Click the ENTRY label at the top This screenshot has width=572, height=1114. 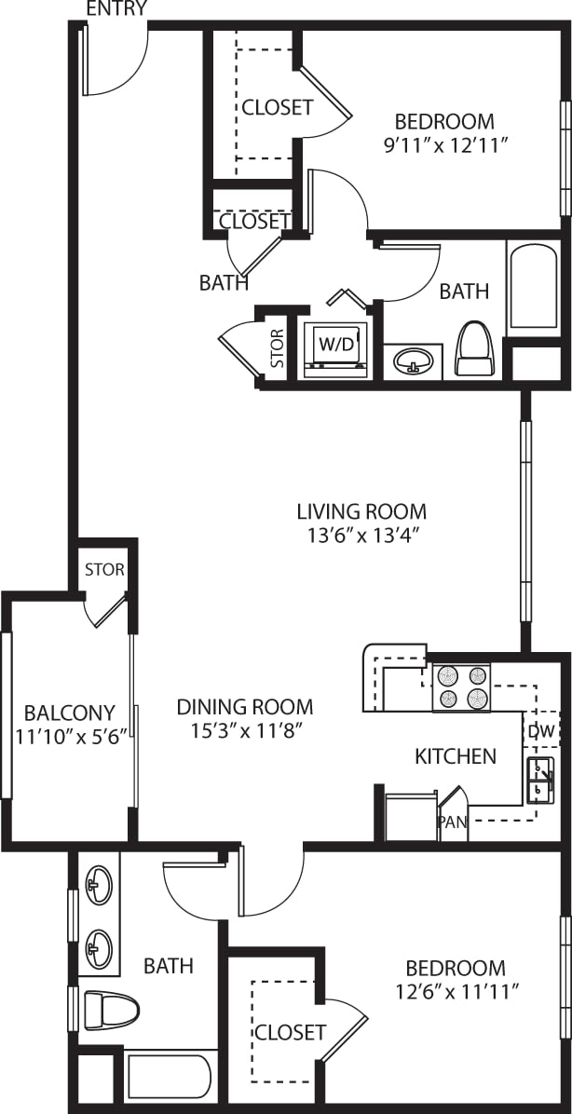point(116,9)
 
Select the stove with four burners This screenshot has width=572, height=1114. point(461,687)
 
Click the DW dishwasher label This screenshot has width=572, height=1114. point(540,732)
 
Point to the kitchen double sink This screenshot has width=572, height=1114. point(540,780)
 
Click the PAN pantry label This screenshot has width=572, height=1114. point(452,822)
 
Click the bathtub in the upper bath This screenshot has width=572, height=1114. point(534,287)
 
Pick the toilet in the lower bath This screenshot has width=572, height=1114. point(111,1009)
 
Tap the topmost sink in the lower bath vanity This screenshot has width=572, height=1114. point(98,885)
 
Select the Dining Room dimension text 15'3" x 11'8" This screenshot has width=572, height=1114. point(244,731)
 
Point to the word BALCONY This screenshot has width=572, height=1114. point(69,713)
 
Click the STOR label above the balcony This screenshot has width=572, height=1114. point(104,569)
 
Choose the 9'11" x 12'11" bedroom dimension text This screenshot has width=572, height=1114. point(443,144)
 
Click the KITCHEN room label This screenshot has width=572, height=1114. point(455,755)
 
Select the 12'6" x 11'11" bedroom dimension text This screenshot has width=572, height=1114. point(456,992)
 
